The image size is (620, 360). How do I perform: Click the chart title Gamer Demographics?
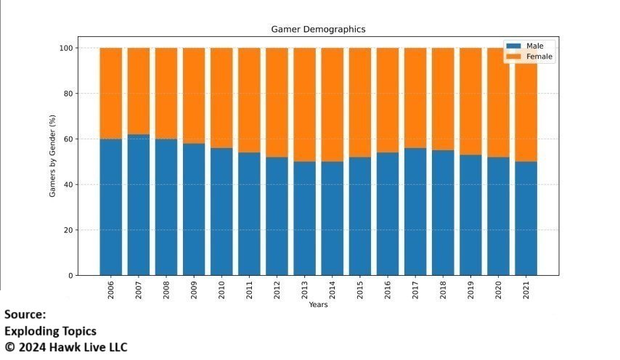[318, 30]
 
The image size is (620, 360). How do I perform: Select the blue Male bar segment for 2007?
[139, 205]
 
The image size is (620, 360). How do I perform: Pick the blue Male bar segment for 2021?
[526, 218]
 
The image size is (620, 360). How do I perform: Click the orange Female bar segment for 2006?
[111, 93]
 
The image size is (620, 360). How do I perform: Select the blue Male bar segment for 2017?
[415, 211]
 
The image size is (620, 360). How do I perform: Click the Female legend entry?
[534, 57]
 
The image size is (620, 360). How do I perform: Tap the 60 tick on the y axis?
[70, 139]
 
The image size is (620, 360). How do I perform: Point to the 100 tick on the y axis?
[68, 48]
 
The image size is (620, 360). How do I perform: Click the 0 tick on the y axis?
[72, 276]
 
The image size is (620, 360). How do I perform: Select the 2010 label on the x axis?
[221, 289]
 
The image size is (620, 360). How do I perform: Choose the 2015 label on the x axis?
[359, 289]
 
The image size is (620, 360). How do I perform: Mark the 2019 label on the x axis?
[470, 289]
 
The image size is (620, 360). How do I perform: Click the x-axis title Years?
[318, 305]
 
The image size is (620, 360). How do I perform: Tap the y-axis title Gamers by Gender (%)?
[52, 162]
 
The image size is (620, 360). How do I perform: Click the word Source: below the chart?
[25, 315]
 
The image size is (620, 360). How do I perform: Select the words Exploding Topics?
[50, 331]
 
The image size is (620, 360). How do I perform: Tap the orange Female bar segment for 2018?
[442, 99]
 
